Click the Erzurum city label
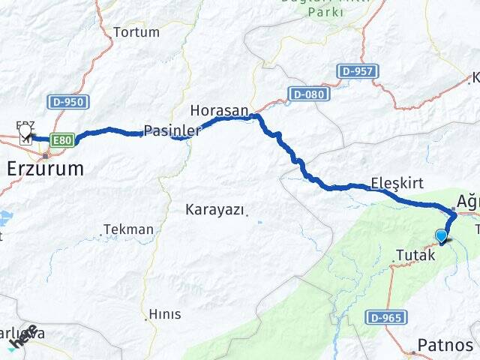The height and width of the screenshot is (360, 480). tap(45, 168)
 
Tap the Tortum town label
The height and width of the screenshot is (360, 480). tap(136, 32)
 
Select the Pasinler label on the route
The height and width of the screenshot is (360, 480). tap(172, 130)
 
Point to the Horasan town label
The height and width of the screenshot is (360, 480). tap(219, 110)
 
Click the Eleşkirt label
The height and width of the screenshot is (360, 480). tap(397, 183)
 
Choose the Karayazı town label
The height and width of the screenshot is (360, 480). tap(215, 210)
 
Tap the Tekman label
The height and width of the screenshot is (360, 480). tap(128, 229)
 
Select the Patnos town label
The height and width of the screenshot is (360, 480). tap(445, 345)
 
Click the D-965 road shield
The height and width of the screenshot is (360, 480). tap(387, 317)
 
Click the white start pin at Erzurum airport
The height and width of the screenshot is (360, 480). tap(25, 131)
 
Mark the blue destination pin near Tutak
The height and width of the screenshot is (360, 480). tap(441, 236)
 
